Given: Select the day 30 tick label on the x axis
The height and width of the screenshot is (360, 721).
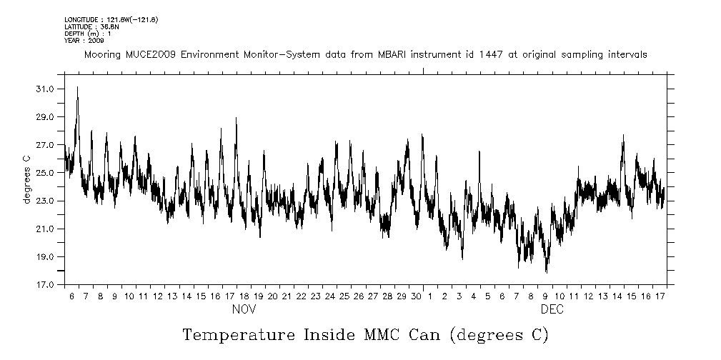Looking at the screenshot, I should click(x=416, y=296).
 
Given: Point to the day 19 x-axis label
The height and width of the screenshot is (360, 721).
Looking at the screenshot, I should click(x=258, y=296).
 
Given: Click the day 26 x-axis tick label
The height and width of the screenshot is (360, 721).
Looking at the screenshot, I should click(x=359, y=296).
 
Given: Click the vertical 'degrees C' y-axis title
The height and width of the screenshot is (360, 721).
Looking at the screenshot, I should click(x=26, y=179).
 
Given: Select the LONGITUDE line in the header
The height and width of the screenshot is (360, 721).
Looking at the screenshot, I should click(x=111, y=19).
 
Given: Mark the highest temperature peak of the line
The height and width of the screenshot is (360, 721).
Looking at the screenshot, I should click(x=77, y=87).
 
